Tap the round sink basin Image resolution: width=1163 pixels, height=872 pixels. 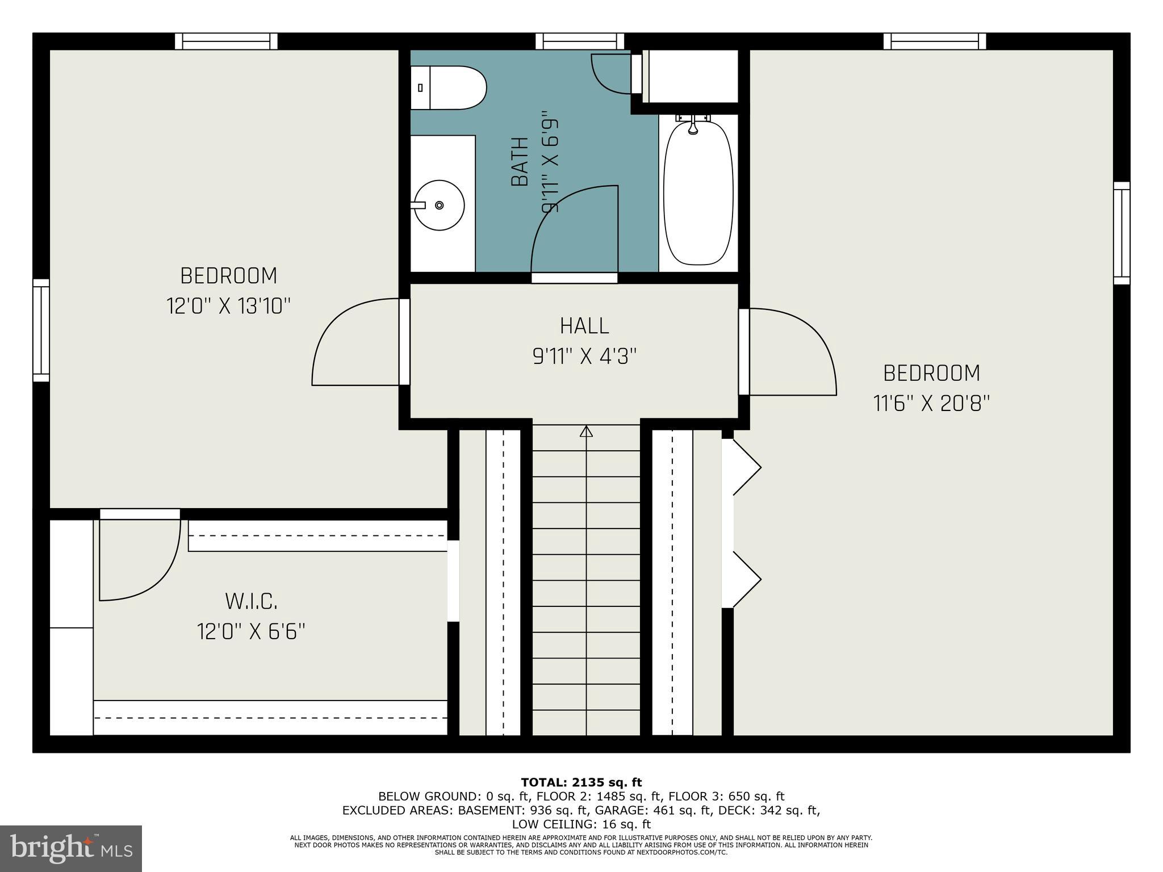[x=439, y=205]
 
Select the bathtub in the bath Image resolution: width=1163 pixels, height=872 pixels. [x=698, y=193]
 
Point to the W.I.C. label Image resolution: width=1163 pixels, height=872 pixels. [x=251, y=601]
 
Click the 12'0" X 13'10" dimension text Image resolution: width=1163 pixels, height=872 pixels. [x=228, y=307]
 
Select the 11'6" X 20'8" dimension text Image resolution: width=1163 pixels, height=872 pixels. [x=931, y=404]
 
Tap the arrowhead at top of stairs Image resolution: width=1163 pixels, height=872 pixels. [x=586, y=431]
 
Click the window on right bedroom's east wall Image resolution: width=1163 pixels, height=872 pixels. [x=1122, y=233]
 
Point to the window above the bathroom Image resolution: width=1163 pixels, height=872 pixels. [x=580, y=41]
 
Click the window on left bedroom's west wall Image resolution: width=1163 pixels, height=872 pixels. [x=41, y=330]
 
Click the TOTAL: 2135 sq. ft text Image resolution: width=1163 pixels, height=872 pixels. [x=581, y=782]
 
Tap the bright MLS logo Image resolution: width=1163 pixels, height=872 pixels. [x=71, y=848]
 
